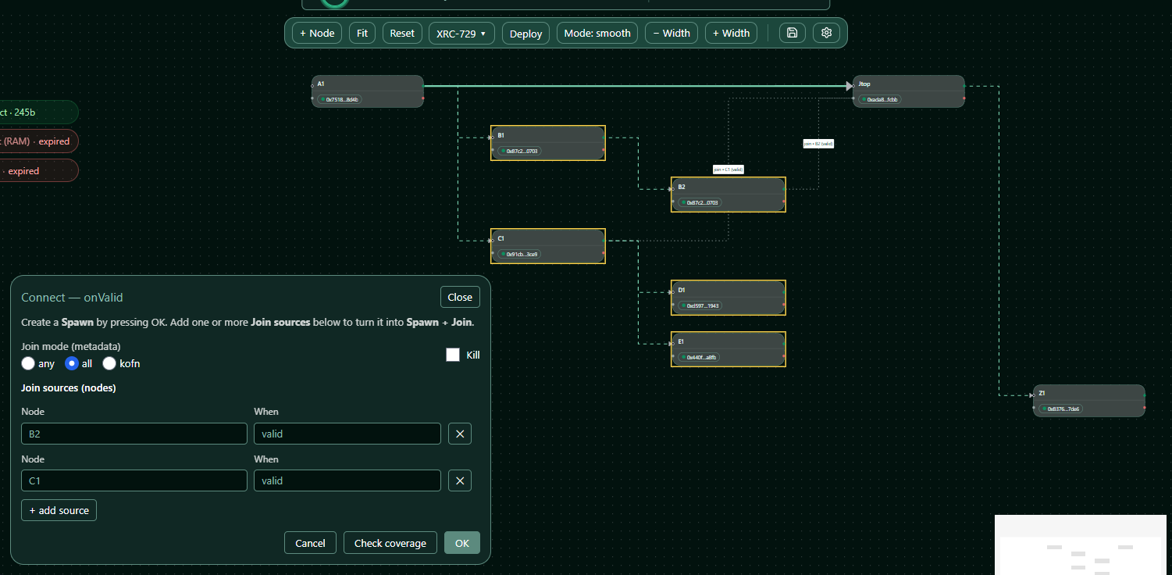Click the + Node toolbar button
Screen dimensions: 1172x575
click(316, 33)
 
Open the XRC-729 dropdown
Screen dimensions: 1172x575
click(461, 34)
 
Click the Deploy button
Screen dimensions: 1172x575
click(525, 34)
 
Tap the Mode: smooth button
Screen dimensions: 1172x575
click(597, 33)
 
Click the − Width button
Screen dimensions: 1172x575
click(671, 33)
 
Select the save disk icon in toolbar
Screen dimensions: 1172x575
click(792, 33)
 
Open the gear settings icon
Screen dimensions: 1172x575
click(827, 33)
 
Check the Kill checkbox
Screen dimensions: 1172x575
click(453, 355)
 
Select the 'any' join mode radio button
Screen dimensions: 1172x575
click(29, 363)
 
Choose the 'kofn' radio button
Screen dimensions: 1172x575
click(109, 363)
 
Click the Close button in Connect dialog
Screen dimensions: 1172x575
click(460, 297)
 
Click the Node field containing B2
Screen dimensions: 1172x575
click(134, 434)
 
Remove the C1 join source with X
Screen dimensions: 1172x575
click(460, 480)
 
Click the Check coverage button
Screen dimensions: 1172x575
click(390, 543)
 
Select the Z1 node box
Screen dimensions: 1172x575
click(1088, 400)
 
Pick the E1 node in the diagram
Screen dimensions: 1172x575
click(728, 348)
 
